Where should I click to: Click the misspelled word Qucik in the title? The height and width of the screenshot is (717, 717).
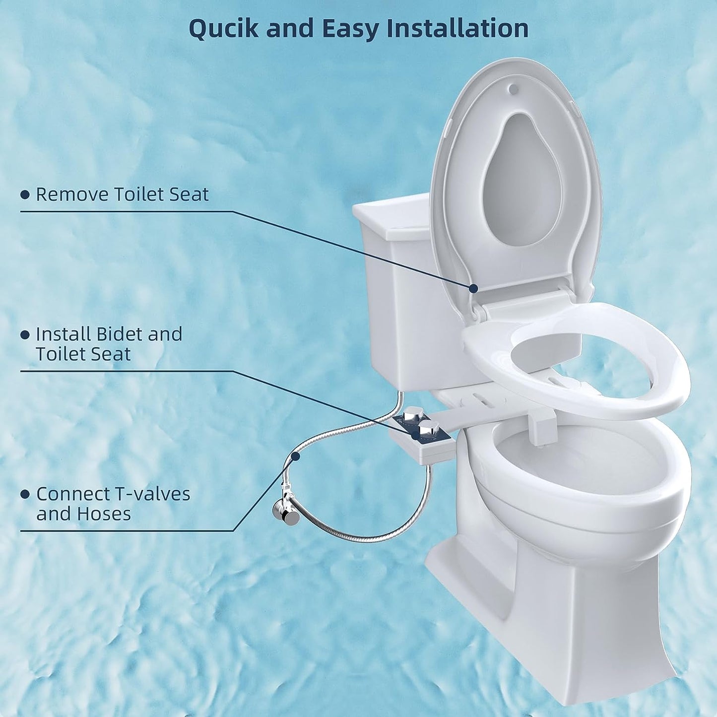[224, 29]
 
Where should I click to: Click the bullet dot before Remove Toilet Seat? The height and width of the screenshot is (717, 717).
[25, 195]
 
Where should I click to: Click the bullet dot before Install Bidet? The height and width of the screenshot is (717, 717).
[25, 335]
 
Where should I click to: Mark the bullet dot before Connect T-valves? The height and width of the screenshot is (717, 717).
[25, 495]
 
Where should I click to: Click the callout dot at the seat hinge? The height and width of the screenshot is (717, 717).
[473, 288]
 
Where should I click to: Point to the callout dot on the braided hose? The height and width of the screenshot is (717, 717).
[296, 456]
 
